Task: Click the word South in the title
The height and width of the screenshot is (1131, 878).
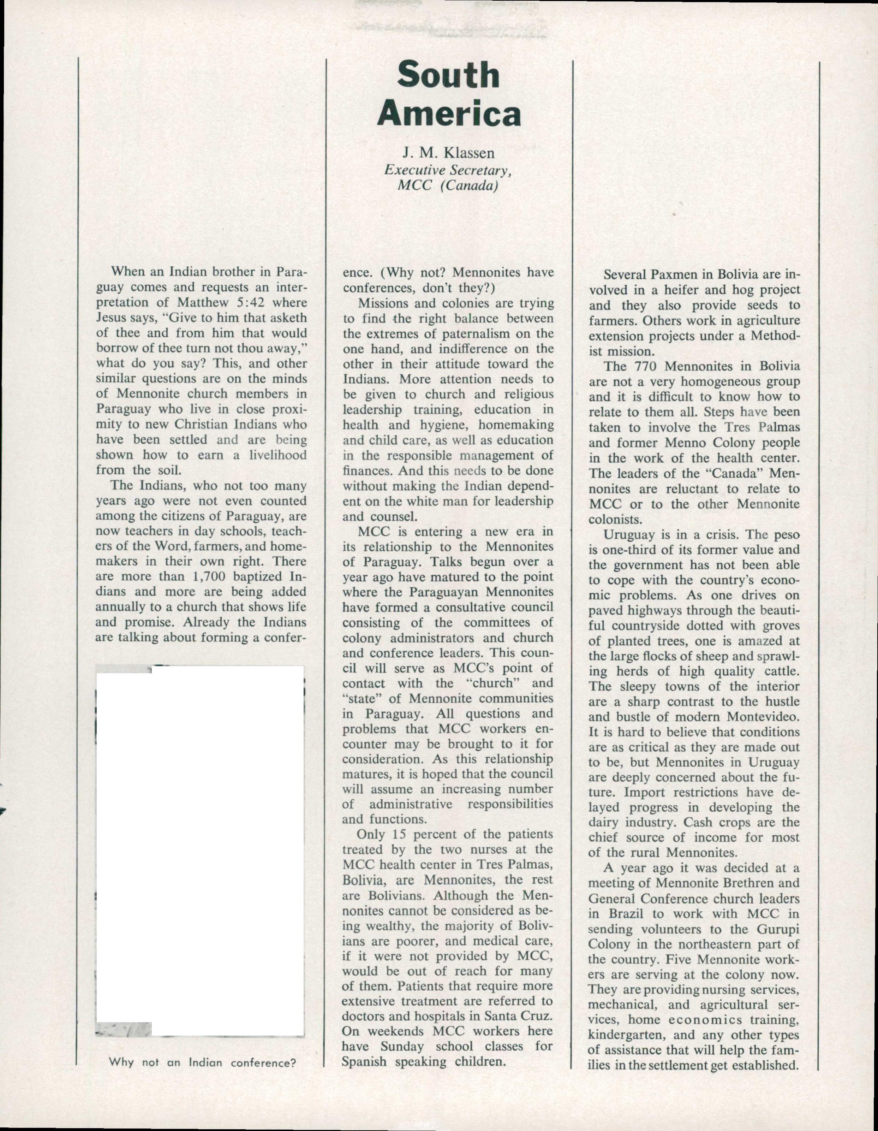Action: tap(448, 76)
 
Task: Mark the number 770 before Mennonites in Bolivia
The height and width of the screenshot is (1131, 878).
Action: tap(645, 366)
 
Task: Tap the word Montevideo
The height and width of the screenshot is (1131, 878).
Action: tap(763, 717)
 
